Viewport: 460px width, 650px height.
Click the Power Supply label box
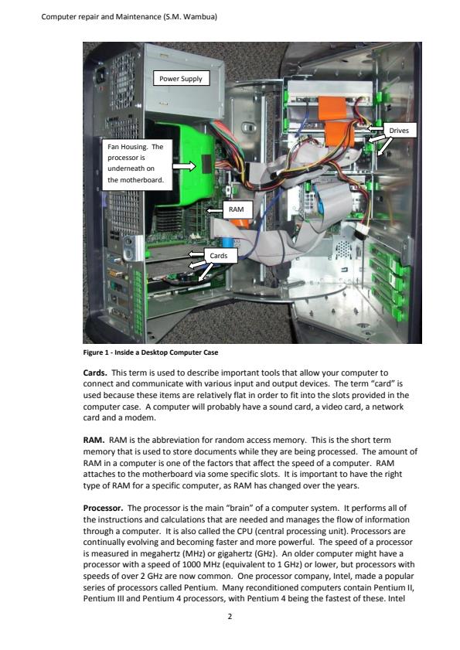181,78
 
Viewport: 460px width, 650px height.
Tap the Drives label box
399,130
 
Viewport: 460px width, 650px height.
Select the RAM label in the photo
236,209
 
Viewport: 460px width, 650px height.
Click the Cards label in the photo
218,255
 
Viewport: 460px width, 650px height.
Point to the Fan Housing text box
137,164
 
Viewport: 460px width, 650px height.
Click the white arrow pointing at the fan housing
184,166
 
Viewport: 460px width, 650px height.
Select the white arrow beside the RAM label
215,210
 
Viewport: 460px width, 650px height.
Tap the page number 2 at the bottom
230,617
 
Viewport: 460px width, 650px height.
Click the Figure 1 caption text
151,352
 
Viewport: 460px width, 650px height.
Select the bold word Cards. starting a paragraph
95,373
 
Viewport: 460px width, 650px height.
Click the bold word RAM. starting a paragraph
94,440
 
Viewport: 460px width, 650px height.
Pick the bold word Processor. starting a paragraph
103,508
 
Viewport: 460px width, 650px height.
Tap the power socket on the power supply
100,76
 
